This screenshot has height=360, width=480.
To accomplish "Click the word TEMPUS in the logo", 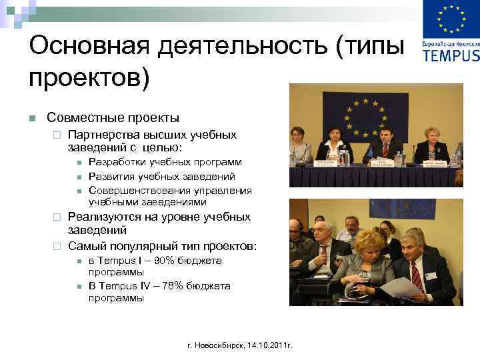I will coord(451,55).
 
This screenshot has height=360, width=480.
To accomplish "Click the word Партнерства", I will coord(104,135).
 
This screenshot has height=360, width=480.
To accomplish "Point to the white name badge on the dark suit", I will coord(431,275).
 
